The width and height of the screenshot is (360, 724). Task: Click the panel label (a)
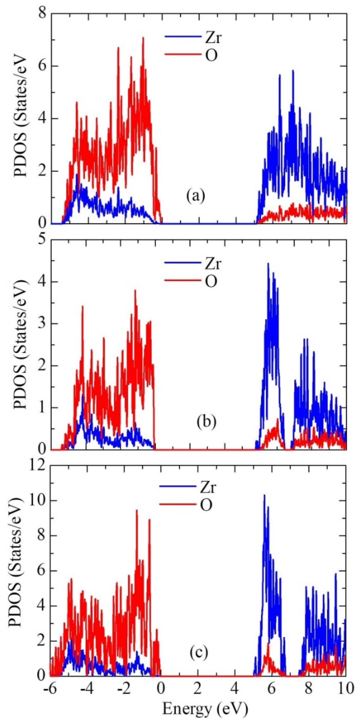pos(196,196)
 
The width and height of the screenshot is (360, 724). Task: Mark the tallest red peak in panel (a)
pos(143,38)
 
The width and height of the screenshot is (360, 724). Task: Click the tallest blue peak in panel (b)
pos(268,264)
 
